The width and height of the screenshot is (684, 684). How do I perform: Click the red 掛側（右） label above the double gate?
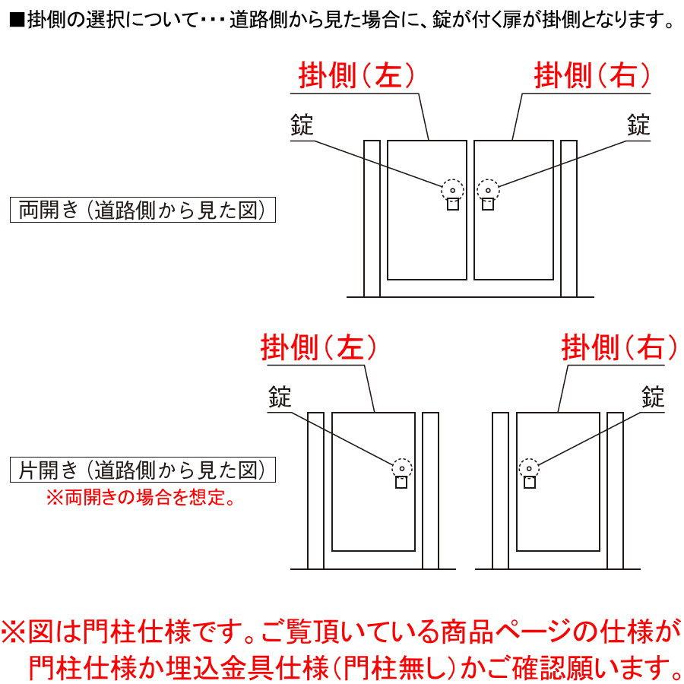click(x=593, y=76)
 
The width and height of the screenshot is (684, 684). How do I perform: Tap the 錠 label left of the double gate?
click(x=302, y=125)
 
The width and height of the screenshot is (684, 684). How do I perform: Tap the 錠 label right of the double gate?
click(x=638, y=125)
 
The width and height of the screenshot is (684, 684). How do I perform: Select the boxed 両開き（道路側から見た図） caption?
click(x=141, y=211)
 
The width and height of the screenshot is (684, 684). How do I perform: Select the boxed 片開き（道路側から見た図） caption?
click(x=141, y=470)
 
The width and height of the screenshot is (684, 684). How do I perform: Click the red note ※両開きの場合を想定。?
click(x=141, y=499)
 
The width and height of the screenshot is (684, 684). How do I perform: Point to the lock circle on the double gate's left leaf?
click(x=451, y=189)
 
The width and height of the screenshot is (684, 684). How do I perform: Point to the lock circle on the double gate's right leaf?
click(x=487, y=189)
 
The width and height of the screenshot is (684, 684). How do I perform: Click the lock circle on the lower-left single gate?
click(x=401, y=467)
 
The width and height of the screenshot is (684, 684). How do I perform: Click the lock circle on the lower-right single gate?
click(x=529, y=467)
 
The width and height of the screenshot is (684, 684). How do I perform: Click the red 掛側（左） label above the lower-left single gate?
click(x=319, y=348)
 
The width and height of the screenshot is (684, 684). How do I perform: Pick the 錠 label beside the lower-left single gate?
click(x=280, y=397)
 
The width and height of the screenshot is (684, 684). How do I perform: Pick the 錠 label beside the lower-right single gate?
click(x=653, y=397)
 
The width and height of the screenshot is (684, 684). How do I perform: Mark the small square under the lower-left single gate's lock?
click(x=401, y=482)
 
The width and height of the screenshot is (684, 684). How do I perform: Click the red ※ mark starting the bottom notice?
click(x=15, y=632)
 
